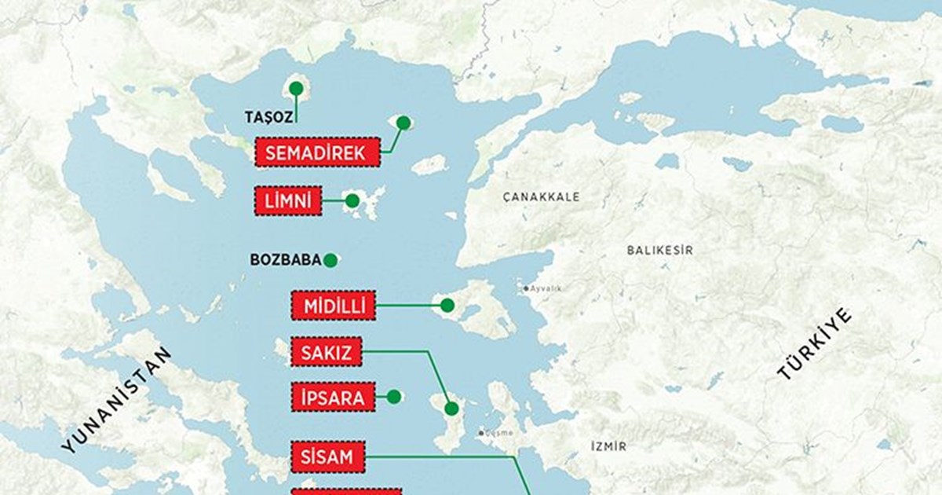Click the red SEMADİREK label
coord(316,152)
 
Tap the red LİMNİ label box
coord(288,201)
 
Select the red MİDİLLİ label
coord(334,305)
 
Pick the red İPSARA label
coord(333,398)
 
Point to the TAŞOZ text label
coord(268,117)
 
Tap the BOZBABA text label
coord(284,259)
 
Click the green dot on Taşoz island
coord(297,88)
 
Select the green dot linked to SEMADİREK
coord(403,123)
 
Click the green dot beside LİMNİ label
coord(352,201)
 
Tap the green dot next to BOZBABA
coord(330,259)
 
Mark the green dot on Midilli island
coord(447,305)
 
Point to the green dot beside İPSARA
coord(394,397)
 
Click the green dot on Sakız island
coord(451,408)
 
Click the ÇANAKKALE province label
coord(541,196)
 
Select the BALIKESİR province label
coord(659,250)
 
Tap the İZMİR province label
coord(608,446)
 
